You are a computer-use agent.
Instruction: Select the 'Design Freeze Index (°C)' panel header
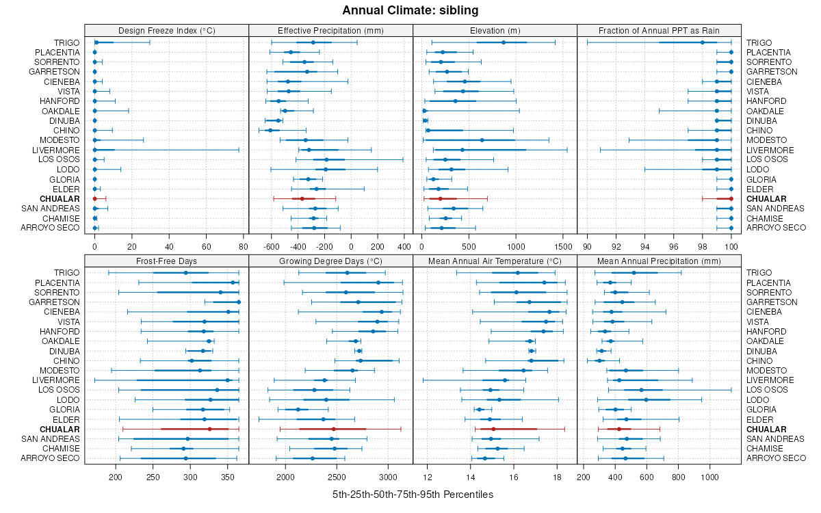[166, 30]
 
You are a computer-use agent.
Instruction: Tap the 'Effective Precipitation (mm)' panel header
[330, 30]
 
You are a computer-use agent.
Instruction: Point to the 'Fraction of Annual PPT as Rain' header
[659, 30]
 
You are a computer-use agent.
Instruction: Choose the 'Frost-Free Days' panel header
[166, 260]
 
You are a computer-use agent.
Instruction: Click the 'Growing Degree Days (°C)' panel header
[330, 260]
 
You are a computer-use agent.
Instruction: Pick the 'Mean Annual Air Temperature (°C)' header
[495, 260]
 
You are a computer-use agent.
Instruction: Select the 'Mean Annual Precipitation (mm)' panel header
[659, 260]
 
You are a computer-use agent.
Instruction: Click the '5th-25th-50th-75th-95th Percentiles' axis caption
[413, 494]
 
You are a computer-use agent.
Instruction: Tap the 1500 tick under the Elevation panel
[562, 246]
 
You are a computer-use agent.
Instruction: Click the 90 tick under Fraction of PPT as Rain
[587, 246]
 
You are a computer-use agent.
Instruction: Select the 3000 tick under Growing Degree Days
[388, 476]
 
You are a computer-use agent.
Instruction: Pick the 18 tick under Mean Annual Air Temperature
[556, 476]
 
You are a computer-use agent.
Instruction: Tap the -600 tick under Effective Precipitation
[272, 246]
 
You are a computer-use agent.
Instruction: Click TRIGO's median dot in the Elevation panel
[504, 42]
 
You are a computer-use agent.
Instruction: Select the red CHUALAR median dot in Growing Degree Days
[333, 429]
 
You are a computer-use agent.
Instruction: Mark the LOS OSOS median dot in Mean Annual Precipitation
[641, 390]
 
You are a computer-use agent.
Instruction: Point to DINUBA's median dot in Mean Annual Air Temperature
[532, 351]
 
